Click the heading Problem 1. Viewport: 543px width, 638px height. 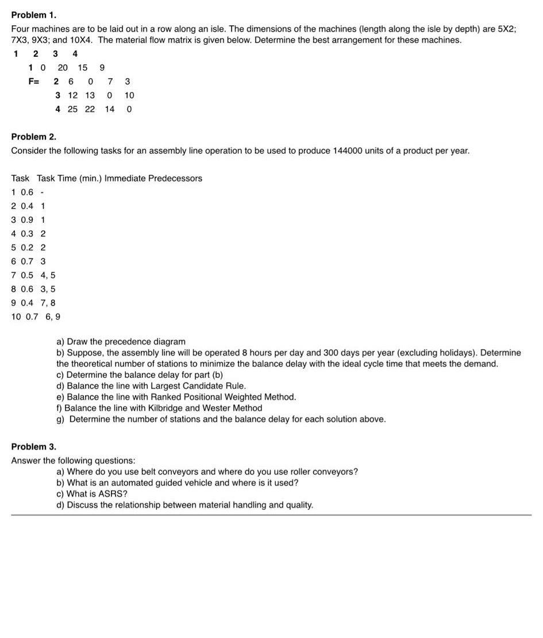point(34,14)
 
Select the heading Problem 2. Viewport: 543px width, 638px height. point(34,137)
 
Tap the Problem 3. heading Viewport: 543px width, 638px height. point(34,446)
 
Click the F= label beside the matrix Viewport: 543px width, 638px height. point(34,82)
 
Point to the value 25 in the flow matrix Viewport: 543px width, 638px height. point(72,109)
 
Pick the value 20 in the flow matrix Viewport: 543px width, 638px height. point(63,68)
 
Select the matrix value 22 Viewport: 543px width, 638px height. point(90,109)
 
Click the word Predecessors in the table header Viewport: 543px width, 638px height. point(175,179)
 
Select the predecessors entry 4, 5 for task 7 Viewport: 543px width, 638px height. point(48,275)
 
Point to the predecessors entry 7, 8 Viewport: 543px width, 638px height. point(48,303)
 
